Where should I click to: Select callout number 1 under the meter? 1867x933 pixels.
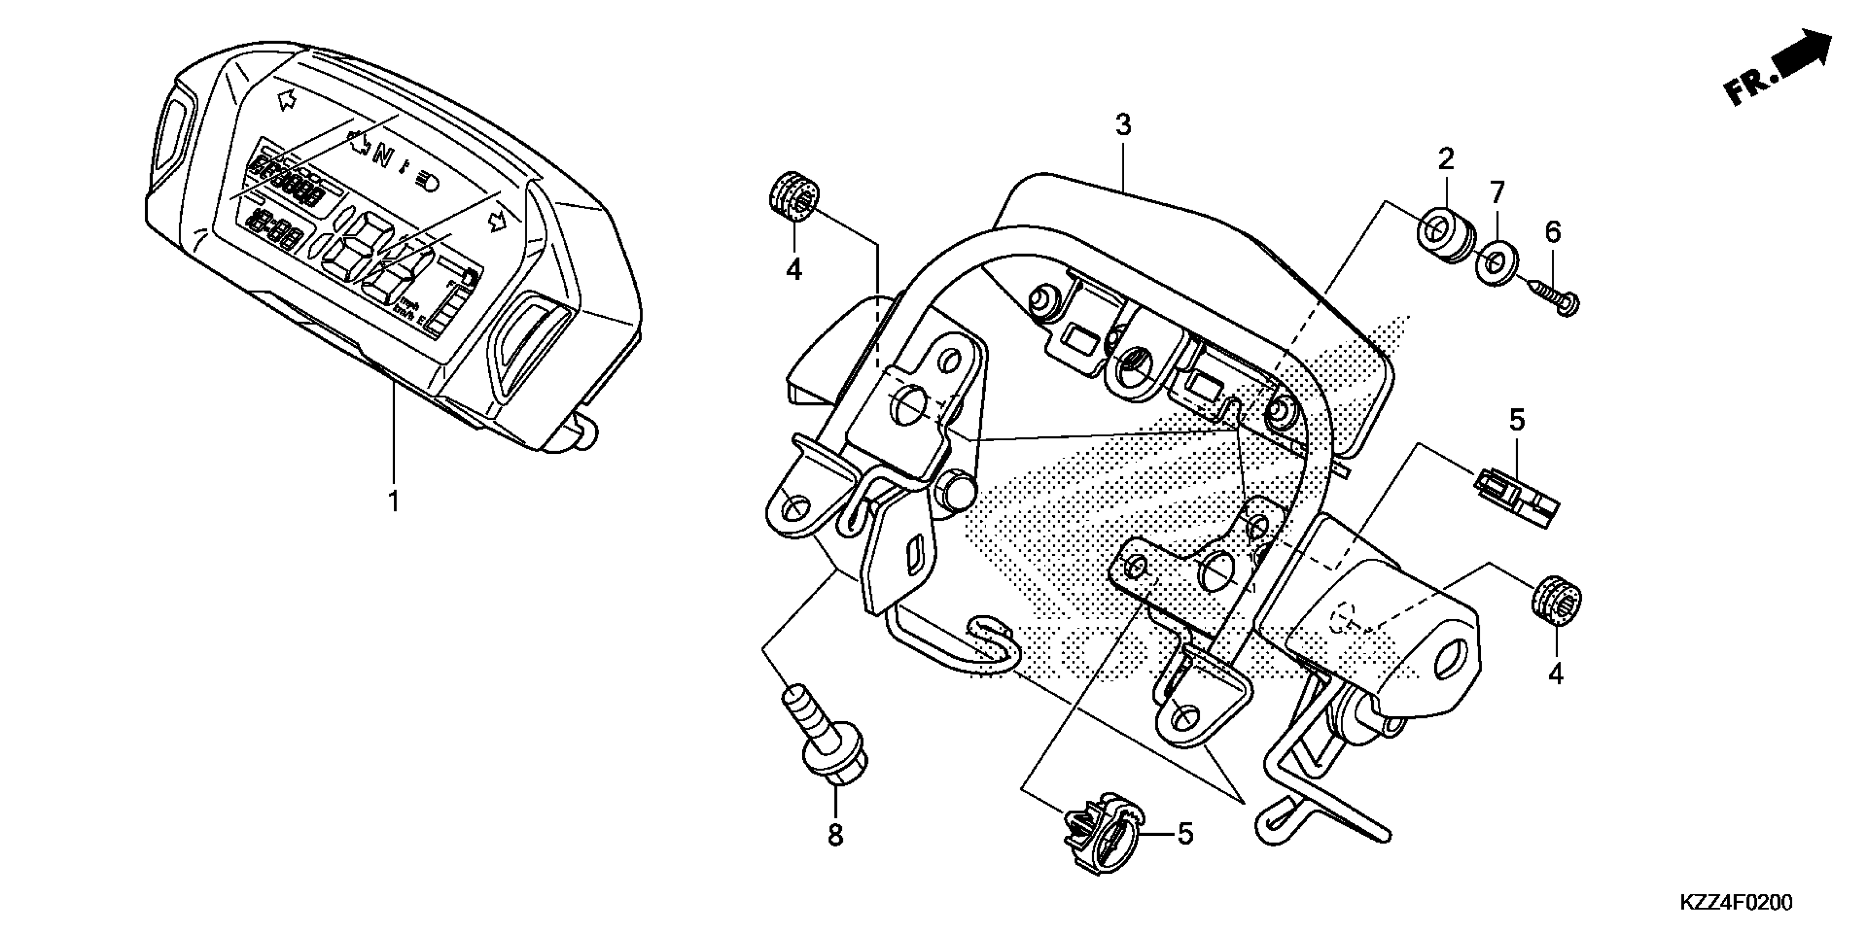coord(394,501)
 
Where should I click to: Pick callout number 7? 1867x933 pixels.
coord(1497,193)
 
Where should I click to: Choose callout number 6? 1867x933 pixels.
coord(1552,233)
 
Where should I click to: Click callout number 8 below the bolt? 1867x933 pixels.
coord(836,835)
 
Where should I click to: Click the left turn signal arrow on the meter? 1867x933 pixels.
coord(287,100)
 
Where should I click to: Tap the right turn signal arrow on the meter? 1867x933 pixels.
coord(497,221)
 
